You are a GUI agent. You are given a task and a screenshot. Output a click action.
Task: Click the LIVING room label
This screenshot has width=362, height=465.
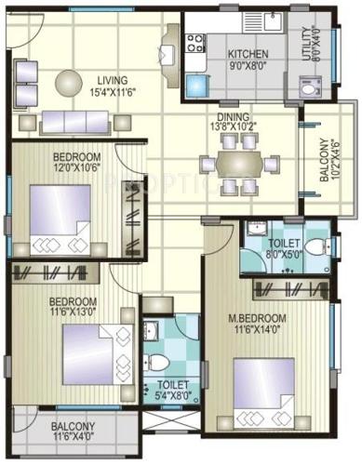[x=111, y=79]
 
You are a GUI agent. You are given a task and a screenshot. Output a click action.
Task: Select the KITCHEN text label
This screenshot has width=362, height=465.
[x=248, y=54]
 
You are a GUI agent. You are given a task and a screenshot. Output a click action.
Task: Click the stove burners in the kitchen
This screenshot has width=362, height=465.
[x=195, y=43]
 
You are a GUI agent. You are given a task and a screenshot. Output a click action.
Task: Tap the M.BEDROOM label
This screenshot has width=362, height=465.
[x=258, y=319]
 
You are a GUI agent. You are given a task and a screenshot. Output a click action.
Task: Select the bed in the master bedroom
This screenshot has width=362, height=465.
[x=263, y=390]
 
